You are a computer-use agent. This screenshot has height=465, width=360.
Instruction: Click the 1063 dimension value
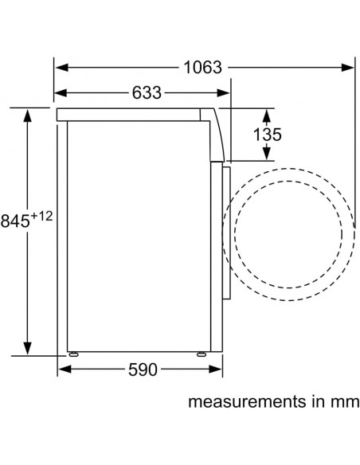(x=203, y=68)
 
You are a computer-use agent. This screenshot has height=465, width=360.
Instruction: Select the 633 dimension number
(x=147, y=93)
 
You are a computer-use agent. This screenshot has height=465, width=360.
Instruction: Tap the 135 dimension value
(x=267, y=135)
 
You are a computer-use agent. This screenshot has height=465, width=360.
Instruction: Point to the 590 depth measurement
(x=143, y=369)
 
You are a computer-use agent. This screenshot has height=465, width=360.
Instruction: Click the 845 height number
(x=15, y=221)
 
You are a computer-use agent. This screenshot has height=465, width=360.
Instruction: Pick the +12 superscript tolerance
(x=41, y=217)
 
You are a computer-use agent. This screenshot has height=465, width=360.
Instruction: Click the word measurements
(x=243, y=402)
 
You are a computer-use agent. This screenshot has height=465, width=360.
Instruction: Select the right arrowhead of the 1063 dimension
(x=347, y=68)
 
